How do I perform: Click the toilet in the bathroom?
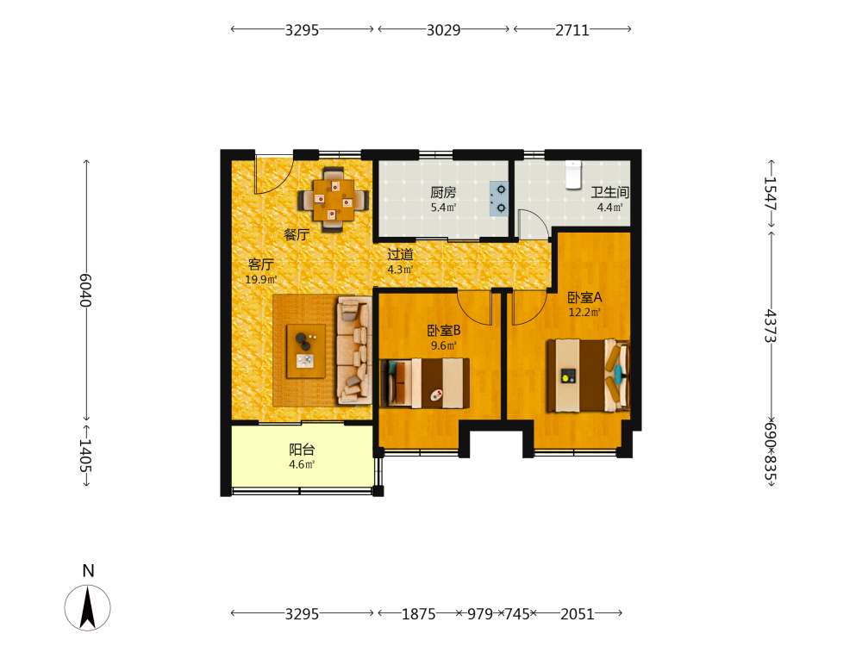573,174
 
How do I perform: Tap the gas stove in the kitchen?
499,199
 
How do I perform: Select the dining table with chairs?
333,200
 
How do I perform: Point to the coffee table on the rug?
306,351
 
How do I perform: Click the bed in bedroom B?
424,383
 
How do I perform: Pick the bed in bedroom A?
588,376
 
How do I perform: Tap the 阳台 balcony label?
302,450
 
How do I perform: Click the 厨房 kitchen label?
443,192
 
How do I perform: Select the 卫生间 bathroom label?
609,192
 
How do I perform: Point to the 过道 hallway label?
400,254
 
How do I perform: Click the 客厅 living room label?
261,264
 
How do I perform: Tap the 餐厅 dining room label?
297,234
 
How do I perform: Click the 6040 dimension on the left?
85,290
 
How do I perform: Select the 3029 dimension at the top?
444,29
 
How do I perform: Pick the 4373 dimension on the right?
771,326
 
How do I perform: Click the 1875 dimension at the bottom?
419,613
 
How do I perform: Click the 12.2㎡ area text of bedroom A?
584,312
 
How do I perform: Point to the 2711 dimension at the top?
572,29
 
